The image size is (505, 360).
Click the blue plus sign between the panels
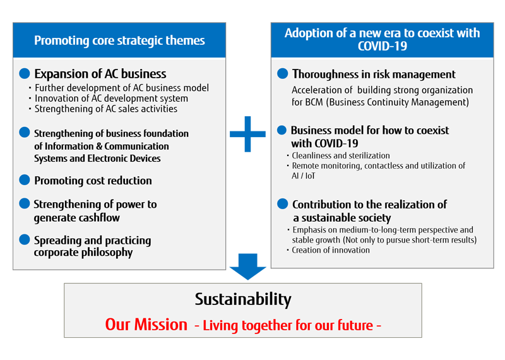point(247,133)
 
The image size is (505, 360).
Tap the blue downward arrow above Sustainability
point(247,266)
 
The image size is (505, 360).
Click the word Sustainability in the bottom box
point(243,299)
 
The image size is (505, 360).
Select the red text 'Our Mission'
point(146,325)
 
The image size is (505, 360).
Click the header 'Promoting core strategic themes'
point(119,40)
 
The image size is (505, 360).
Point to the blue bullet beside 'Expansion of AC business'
point(25,73)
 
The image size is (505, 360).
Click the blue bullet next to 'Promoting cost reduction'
point(25,180)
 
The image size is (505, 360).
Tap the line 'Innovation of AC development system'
point(111,99)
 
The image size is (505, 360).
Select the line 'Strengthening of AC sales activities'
point(106,109)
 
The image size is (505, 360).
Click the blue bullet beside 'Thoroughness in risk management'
point(283,75)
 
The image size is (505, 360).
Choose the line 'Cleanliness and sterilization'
point(341,155)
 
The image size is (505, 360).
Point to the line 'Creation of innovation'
point(331,250)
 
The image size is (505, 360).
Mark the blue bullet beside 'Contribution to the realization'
point(283,204)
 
